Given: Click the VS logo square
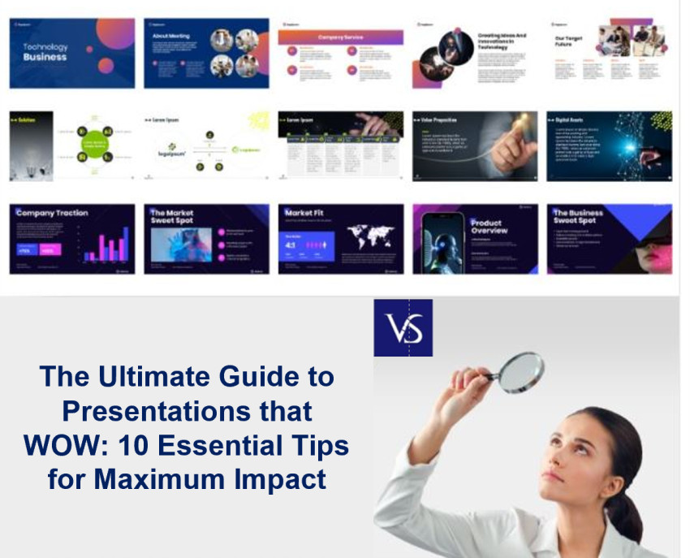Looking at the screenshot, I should pos(403,327).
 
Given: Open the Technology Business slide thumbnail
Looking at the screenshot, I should pos(71,53).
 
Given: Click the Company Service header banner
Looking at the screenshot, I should pos(340,37).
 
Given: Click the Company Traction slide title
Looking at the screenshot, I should pos(51,213).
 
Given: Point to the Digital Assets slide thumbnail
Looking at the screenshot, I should pos(609,146).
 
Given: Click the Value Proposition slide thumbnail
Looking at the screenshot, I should pos(474,146).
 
